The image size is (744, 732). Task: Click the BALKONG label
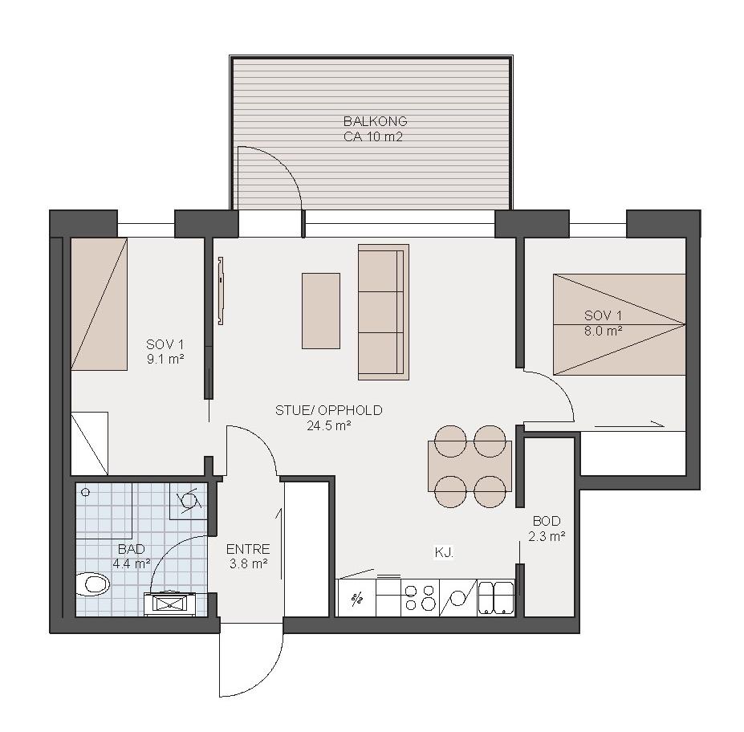pyautogui.click(x=375, y=121)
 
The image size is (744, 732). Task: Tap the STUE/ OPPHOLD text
pyautogui.click(x=329, y=410)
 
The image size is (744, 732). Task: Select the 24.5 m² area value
pyautogui.click(x=329, y=425)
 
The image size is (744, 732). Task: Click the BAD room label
pyautogui.click(x=132, y=549)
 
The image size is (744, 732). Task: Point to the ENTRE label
pyautogui.click(x=248, y=549)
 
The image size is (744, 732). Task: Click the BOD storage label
pyautogui.click(x=547, y=522)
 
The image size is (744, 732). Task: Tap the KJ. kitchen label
pyautogui.click(x=444, y=553)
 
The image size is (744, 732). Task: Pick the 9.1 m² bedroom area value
pyautogui.click(x=165, y=359)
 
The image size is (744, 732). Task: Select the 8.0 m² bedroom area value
pyautogui.click(x=603, y=331)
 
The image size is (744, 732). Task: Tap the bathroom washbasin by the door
pyautogui.click(x=169, y=604)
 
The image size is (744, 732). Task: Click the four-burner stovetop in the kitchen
pyautogui.click(x=421, y=598)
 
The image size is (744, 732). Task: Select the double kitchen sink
pyautogui.click(x=495, y=598)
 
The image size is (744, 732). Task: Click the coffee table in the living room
pyautogui.click(x=321, y=311)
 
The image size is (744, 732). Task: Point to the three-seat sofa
pyautogui.click(x=384, y=312)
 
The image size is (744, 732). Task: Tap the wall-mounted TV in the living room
pyautogui.click(x=221, y=291)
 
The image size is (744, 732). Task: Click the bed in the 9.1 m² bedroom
pyautogui.click(x=100, y=304)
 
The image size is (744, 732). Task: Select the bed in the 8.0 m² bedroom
pyautogui.click(x=620, y=324)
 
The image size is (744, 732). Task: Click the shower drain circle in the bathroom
pyautogui.click(x=85, y=493)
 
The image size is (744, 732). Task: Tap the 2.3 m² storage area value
pyautogui.click(x=547, y=536)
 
